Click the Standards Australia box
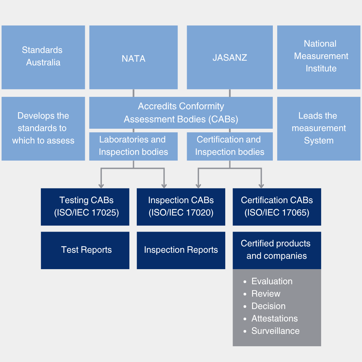43,57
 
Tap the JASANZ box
230,58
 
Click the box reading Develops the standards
43,128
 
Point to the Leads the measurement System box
319,128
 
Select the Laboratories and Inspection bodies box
133,146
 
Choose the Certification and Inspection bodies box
230,146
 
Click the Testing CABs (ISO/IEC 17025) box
85,206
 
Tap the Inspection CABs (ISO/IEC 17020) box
181,206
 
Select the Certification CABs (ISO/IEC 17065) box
277,206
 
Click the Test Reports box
85,250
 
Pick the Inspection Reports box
181,250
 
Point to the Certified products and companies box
277,250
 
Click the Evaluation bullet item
272,282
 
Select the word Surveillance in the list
276,331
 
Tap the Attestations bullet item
275,319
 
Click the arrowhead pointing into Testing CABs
101,185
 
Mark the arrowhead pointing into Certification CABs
261,185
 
